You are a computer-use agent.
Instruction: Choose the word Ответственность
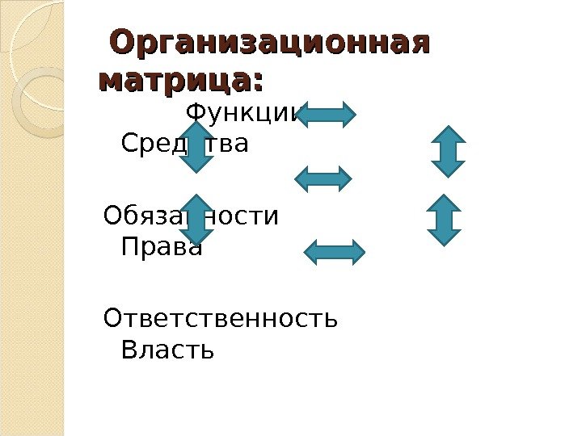pos(221,319)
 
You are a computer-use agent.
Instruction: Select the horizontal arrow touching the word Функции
pos(327,114)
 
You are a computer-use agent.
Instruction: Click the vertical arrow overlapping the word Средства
pos(196,146)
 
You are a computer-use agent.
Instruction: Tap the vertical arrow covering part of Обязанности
pos(196,219)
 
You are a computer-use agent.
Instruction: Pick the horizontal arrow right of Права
pos(334,253)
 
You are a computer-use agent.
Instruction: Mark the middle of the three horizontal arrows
pos(325,178)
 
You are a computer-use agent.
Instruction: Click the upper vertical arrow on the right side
pos(448,151)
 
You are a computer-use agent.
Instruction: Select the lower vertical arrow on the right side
pos(443,220)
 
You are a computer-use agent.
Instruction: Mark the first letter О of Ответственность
pos(113,319)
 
